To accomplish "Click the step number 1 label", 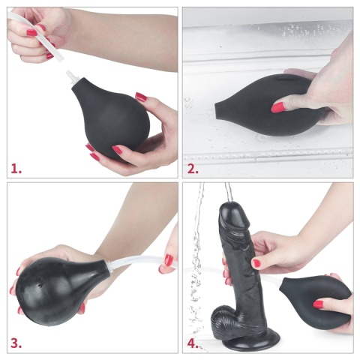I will (x=15, y=168).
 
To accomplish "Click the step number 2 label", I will (x=193, y=168).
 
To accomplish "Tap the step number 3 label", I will (x=15, y=344).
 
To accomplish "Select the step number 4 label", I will (x=193, y=344).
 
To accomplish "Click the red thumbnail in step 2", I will (x=278, y=107).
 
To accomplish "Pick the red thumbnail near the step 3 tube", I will (x=169, y=260).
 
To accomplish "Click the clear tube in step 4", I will (x=266, y=283).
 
